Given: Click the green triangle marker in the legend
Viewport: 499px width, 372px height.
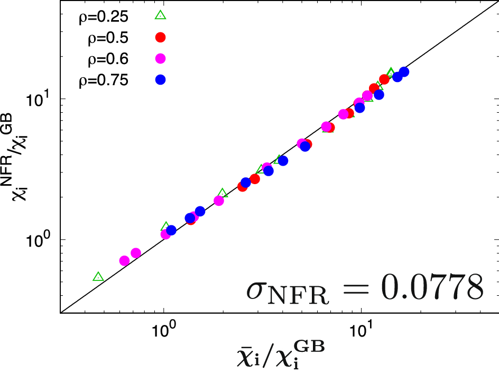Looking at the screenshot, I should [160, 15].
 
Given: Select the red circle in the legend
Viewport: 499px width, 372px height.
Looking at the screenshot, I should [160, 37].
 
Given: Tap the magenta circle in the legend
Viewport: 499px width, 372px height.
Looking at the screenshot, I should [160, 58].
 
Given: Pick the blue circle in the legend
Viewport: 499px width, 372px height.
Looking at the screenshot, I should [160, 80].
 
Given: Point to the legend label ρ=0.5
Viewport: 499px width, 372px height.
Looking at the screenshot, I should [109, 38].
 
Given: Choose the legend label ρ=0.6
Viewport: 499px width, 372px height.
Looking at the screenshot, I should [109, 59].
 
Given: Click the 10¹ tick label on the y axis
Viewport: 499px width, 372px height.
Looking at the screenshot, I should [41, 99].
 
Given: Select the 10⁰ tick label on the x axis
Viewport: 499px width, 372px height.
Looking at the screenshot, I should [164, 331].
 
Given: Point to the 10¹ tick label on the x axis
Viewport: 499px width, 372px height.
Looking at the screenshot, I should [362, 331].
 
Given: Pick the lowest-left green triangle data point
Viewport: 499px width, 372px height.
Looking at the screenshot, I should [98, 277].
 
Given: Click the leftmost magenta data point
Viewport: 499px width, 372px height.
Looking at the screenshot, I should [125, 260].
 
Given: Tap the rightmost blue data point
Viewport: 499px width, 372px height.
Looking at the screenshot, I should [404, 72].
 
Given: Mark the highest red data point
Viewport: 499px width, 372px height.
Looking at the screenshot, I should [384, 79].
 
